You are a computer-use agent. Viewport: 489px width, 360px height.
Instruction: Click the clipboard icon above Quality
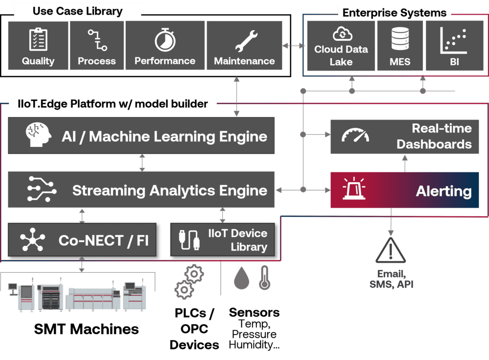(38, 39)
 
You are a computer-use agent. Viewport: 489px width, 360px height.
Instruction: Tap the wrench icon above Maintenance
(244, 40)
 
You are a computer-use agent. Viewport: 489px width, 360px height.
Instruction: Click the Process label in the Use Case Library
(97, 61)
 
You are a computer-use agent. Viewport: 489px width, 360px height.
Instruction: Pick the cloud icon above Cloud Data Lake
(341, 34)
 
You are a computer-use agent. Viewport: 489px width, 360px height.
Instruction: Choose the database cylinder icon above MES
(400, 39)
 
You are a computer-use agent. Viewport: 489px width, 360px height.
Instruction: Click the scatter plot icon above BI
(454, 40)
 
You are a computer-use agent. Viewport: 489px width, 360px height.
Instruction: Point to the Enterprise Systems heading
(395, 13)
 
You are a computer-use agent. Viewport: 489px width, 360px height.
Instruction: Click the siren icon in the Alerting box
(355, 190)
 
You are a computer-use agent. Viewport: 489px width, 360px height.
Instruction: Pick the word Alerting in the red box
(443, 191)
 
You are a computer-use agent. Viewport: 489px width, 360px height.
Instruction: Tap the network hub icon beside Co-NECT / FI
(32, 240)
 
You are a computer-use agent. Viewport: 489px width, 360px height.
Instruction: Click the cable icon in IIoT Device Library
(189, 240)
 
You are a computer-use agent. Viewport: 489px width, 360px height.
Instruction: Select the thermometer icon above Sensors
(264, 279)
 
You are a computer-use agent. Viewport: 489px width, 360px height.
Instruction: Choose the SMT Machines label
(86, 329)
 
